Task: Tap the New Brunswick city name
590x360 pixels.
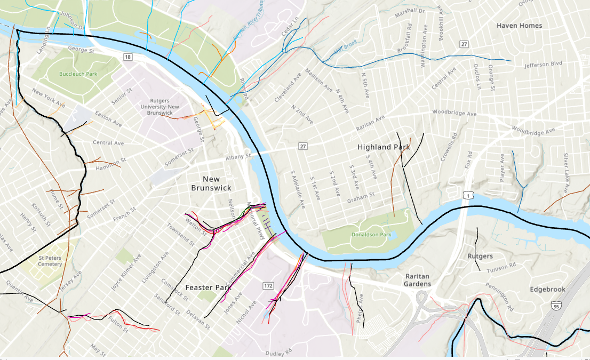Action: coord(211,183)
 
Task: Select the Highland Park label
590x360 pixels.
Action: coord(384,147)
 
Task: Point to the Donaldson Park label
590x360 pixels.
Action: coord(371,235)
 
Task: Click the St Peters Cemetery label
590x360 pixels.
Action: coord(50,260)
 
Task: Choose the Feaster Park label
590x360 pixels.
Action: coord(207,287)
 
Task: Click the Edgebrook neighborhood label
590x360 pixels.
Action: coord(547,289)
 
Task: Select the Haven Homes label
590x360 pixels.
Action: coord(519,26)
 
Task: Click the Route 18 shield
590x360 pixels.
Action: coord(127,57)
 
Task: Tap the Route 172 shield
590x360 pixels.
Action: coord(268,286)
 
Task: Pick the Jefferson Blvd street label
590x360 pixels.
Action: coord(543,64)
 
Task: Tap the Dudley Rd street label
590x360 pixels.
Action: coord(279,353)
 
